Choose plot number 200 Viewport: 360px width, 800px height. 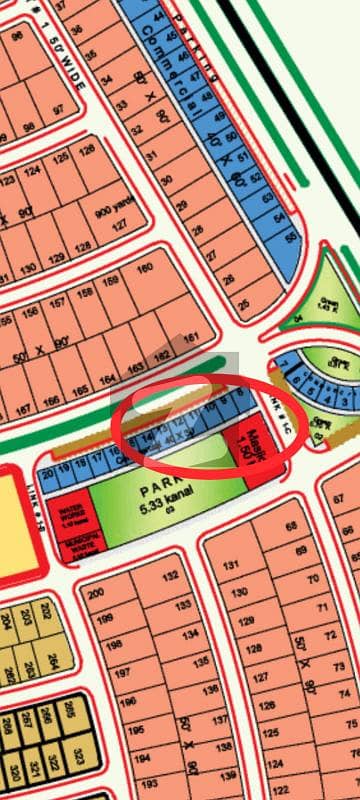point(96,594)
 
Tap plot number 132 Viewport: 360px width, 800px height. point(170,576)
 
